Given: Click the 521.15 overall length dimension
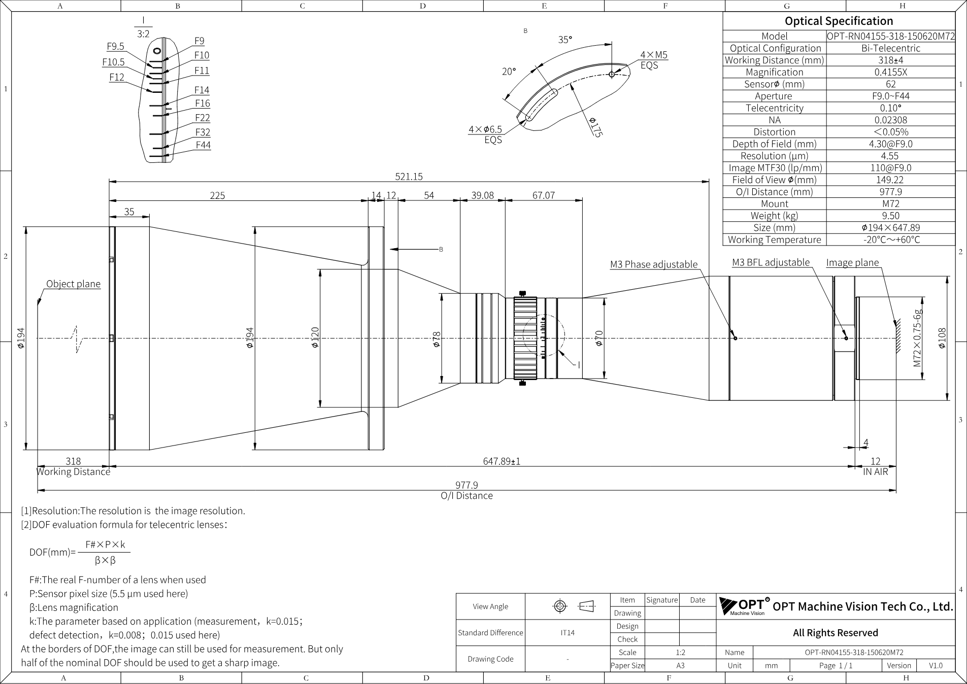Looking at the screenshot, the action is click(409, 177).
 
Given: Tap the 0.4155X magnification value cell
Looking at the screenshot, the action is click(890, 72).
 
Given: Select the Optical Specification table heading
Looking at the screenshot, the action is click(839, 21).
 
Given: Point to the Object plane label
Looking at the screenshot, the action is click(74, 284).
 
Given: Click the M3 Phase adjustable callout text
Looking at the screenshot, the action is click(654, 264).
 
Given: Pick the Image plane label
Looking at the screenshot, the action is click(852, 262).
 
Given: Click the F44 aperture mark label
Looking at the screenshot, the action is click(203, 145).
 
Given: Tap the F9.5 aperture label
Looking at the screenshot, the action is click(115, 47).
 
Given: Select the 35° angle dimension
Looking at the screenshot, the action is click(565, 40).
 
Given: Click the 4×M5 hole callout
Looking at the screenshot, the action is click(654, 55).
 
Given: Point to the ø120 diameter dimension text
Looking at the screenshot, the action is click(315, 337).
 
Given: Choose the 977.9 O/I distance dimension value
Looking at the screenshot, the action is click(466, 486).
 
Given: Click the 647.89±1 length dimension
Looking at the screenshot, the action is click(502, 461).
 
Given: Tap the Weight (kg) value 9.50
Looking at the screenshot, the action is click(891, 216).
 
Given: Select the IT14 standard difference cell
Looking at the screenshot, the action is click(568, 633).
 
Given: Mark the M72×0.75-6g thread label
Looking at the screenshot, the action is click(917, 338).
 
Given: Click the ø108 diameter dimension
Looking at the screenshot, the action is click(942, 338).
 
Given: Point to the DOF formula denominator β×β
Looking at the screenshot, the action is click(105, 561).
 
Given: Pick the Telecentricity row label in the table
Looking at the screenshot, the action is click(775, 108).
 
